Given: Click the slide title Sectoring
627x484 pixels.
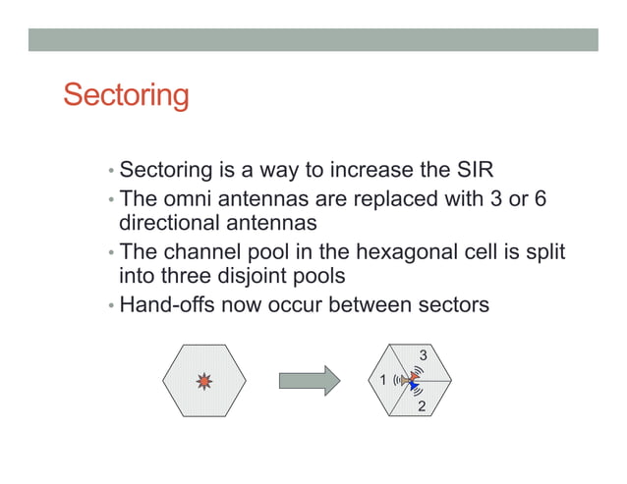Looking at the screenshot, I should pyautogui.click(x=125, y=96).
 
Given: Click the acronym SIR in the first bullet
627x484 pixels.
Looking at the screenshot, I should pyautogui.click(x=483, y=169).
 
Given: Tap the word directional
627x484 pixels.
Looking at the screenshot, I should pyautogui.click(x=168, y=223).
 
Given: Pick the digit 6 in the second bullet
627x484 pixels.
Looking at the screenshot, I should pyautogui.click(x=540, y=199).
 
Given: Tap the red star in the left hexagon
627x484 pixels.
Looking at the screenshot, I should pyautogui.click(x=204, y=380).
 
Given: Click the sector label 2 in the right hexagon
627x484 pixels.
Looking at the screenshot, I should pyautogui.click(x=422, y=405).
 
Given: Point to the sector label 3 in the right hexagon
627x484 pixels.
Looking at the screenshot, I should pyautogui.click(x=423, y=353).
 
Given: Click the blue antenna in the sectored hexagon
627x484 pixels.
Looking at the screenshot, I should pyautogui.click(x=415, y=387).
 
